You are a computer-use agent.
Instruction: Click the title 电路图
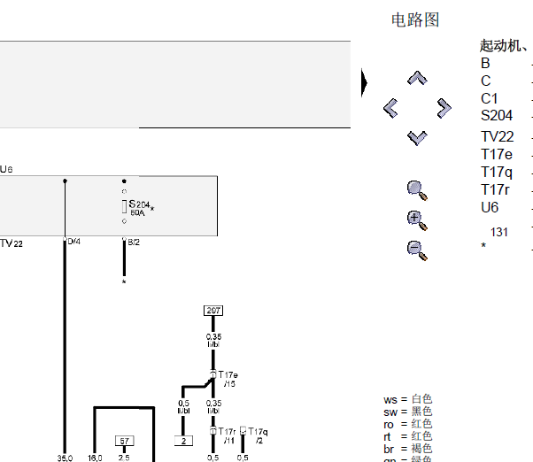(415, 19)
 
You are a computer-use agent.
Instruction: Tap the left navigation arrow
(390, 108)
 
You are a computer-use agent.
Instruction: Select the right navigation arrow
(444, 108)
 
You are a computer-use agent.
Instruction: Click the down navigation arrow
(417, 136)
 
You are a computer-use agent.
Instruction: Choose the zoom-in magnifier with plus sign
(416, 219)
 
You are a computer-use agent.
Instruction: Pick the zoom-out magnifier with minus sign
(416, 250)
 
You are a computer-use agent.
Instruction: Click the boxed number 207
(212, 311)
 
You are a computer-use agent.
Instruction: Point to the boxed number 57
(124, 440)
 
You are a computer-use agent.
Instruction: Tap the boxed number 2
(183, 440)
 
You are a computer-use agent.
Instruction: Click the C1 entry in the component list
(490, 98)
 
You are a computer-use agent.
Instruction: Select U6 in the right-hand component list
(490, 207)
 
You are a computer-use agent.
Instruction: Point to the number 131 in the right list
(499, 232)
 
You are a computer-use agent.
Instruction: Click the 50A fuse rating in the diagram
(137, 213)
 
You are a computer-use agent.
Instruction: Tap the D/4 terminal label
(74, 242)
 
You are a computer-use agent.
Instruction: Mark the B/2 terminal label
(134, 242)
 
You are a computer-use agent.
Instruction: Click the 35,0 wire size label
(65, 458)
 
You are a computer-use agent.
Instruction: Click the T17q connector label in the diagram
(258, 432)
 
